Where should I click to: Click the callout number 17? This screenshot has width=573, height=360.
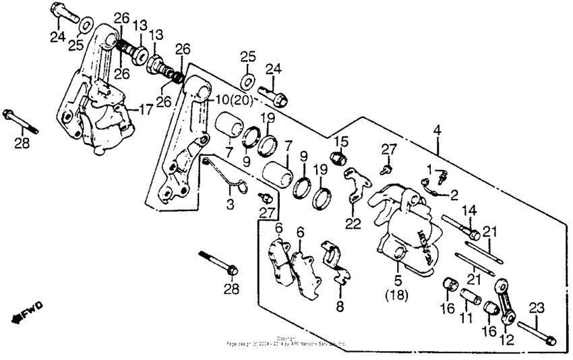click(x=146, y=109)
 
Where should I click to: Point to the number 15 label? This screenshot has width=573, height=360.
click(x=342, y=141)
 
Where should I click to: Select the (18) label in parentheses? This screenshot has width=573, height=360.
click(x=398, y=295)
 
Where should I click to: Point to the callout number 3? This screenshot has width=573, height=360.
click(x=231, y=204)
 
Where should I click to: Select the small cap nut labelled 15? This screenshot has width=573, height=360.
click(x=341, y=160)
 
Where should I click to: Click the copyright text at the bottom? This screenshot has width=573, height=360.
click(x=286, y=341)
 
